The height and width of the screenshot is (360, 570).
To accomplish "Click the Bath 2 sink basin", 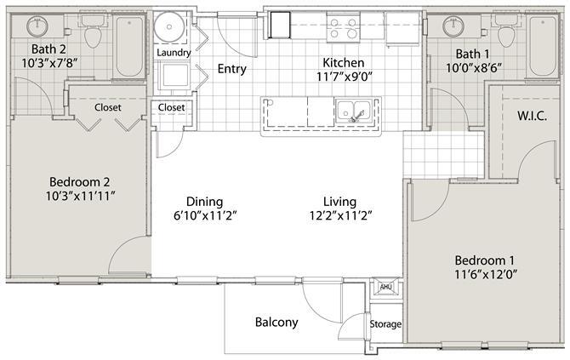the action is pos(37,26).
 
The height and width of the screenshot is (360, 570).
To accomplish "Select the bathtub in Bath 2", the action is pos(129,46).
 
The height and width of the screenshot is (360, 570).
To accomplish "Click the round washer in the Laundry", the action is pos(169,26).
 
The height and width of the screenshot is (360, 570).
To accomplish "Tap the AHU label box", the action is pos(385,288).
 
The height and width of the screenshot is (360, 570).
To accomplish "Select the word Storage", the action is pos(385,324).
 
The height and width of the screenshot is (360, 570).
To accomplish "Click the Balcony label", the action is pos(276,323).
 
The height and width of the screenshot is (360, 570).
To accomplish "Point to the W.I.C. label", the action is pos(533,116).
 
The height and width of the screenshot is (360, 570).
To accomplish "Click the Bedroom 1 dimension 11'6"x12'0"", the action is pos(486,274).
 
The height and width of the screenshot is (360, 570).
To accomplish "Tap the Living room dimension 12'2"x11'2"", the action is pos(340,215).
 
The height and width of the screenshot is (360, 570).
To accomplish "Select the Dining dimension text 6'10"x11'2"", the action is pos(205,215).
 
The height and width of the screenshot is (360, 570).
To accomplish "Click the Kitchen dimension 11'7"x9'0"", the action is pos(345,77).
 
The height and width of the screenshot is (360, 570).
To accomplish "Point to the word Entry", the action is pos(232,69).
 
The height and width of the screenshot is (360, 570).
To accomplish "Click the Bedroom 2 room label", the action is pos(80,182).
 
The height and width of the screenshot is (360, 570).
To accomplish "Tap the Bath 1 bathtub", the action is pos(543,46).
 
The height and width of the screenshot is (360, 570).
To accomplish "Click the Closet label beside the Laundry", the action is pos(171,107).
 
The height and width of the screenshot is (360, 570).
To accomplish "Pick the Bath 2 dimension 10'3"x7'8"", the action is pos(50,63).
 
